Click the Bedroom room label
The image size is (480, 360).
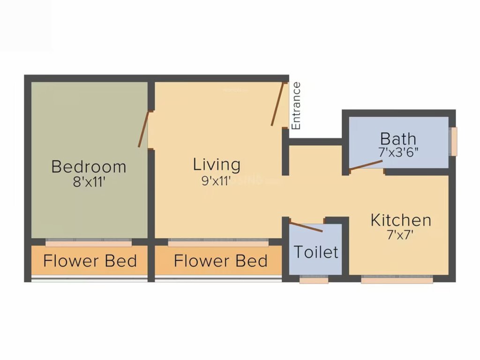pos(89,166)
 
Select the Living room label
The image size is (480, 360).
pos(217,165)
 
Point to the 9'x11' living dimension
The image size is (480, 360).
pos(217,180)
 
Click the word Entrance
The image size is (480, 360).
pos(296,106)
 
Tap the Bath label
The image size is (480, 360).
pos(398,139)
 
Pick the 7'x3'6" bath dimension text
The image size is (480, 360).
pos(398,152)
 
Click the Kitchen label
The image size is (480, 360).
pos(401,220)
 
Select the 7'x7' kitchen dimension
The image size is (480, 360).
pos(401,235)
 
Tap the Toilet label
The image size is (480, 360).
pos(316,252)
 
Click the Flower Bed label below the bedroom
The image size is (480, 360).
pos(90,261)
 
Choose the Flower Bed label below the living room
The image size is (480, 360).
pos(220,261)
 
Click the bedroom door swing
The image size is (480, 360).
pos(143,129)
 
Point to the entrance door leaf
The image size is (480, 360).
pos(278,104)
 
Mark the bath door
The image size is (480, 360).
pos(366,165)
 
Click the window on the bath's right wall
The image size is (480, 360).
pos(453,141)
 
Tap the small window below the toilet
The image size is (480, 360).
pos(314,280)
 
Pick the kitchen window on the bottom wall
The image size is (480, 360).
pos(397,280)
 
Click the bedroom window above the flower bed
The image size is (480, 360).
pos(89,243)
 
